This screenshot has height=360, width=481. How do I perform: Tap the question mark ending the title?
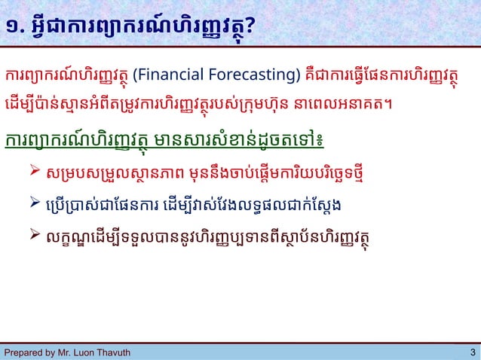click(248, 28)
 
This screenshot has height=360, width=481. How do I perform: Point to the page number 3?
click(472, 352)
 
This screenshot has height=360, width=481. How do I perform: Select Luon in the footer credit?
click(83, 352)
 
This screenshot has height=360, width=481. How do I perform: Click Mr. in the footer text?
click(64, 352)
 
